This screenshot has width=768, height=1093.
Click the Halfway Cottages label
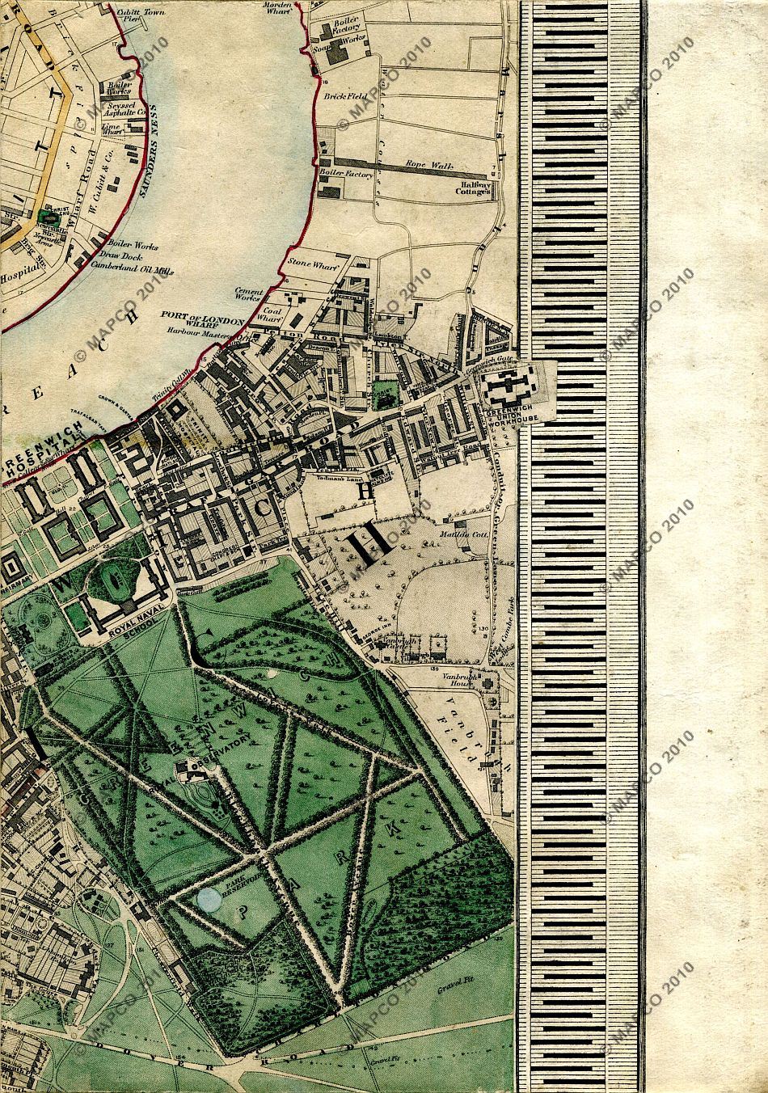(x=472, y=188)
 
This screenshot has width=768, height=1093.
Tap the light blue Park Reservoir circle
(x=209, y=901)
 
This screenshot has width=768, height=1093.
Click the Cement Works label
(x=247, y=293)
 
